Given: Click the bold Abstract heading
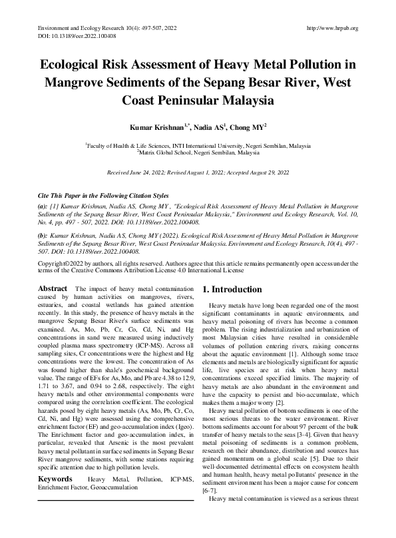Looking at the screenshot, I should (x=53, y=288).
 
